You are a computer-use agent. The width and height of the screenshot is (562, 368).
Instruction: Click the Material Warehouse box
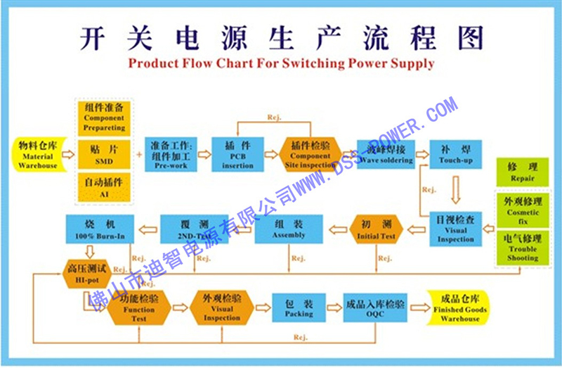38,156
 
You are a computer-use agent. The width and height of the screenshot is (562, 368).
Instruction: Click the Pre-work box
171,155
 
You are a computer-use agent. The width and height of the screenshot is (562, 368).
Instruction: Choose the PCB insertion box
238,155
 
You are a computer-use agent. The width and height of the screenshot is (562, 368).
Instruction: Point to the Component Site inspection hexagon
311,155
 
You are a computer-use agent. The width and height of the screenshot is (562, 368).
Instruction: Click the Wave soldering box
386,155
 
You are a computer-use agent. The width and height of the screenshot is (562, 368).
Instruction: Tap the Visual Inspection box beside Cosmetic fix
456,229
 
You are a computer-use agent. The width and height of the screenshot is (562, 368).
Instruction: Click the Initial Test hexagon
377,229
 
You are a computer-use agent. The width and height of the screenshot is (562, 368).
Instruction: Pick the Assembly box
289,229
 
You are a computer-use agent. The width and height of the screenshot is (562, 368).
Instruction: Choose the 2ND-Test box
194,229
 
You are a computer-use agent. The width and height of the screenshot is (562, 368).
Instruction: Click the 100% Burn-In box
100,229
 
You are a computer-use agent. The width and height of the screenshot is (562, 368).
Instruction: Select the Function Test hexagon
139,307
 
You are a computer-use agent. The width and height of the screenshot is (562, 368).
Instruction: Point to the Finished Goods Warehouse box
460,307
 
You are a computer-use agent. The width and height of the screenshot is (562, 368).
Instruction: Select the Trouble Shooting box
523,248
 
